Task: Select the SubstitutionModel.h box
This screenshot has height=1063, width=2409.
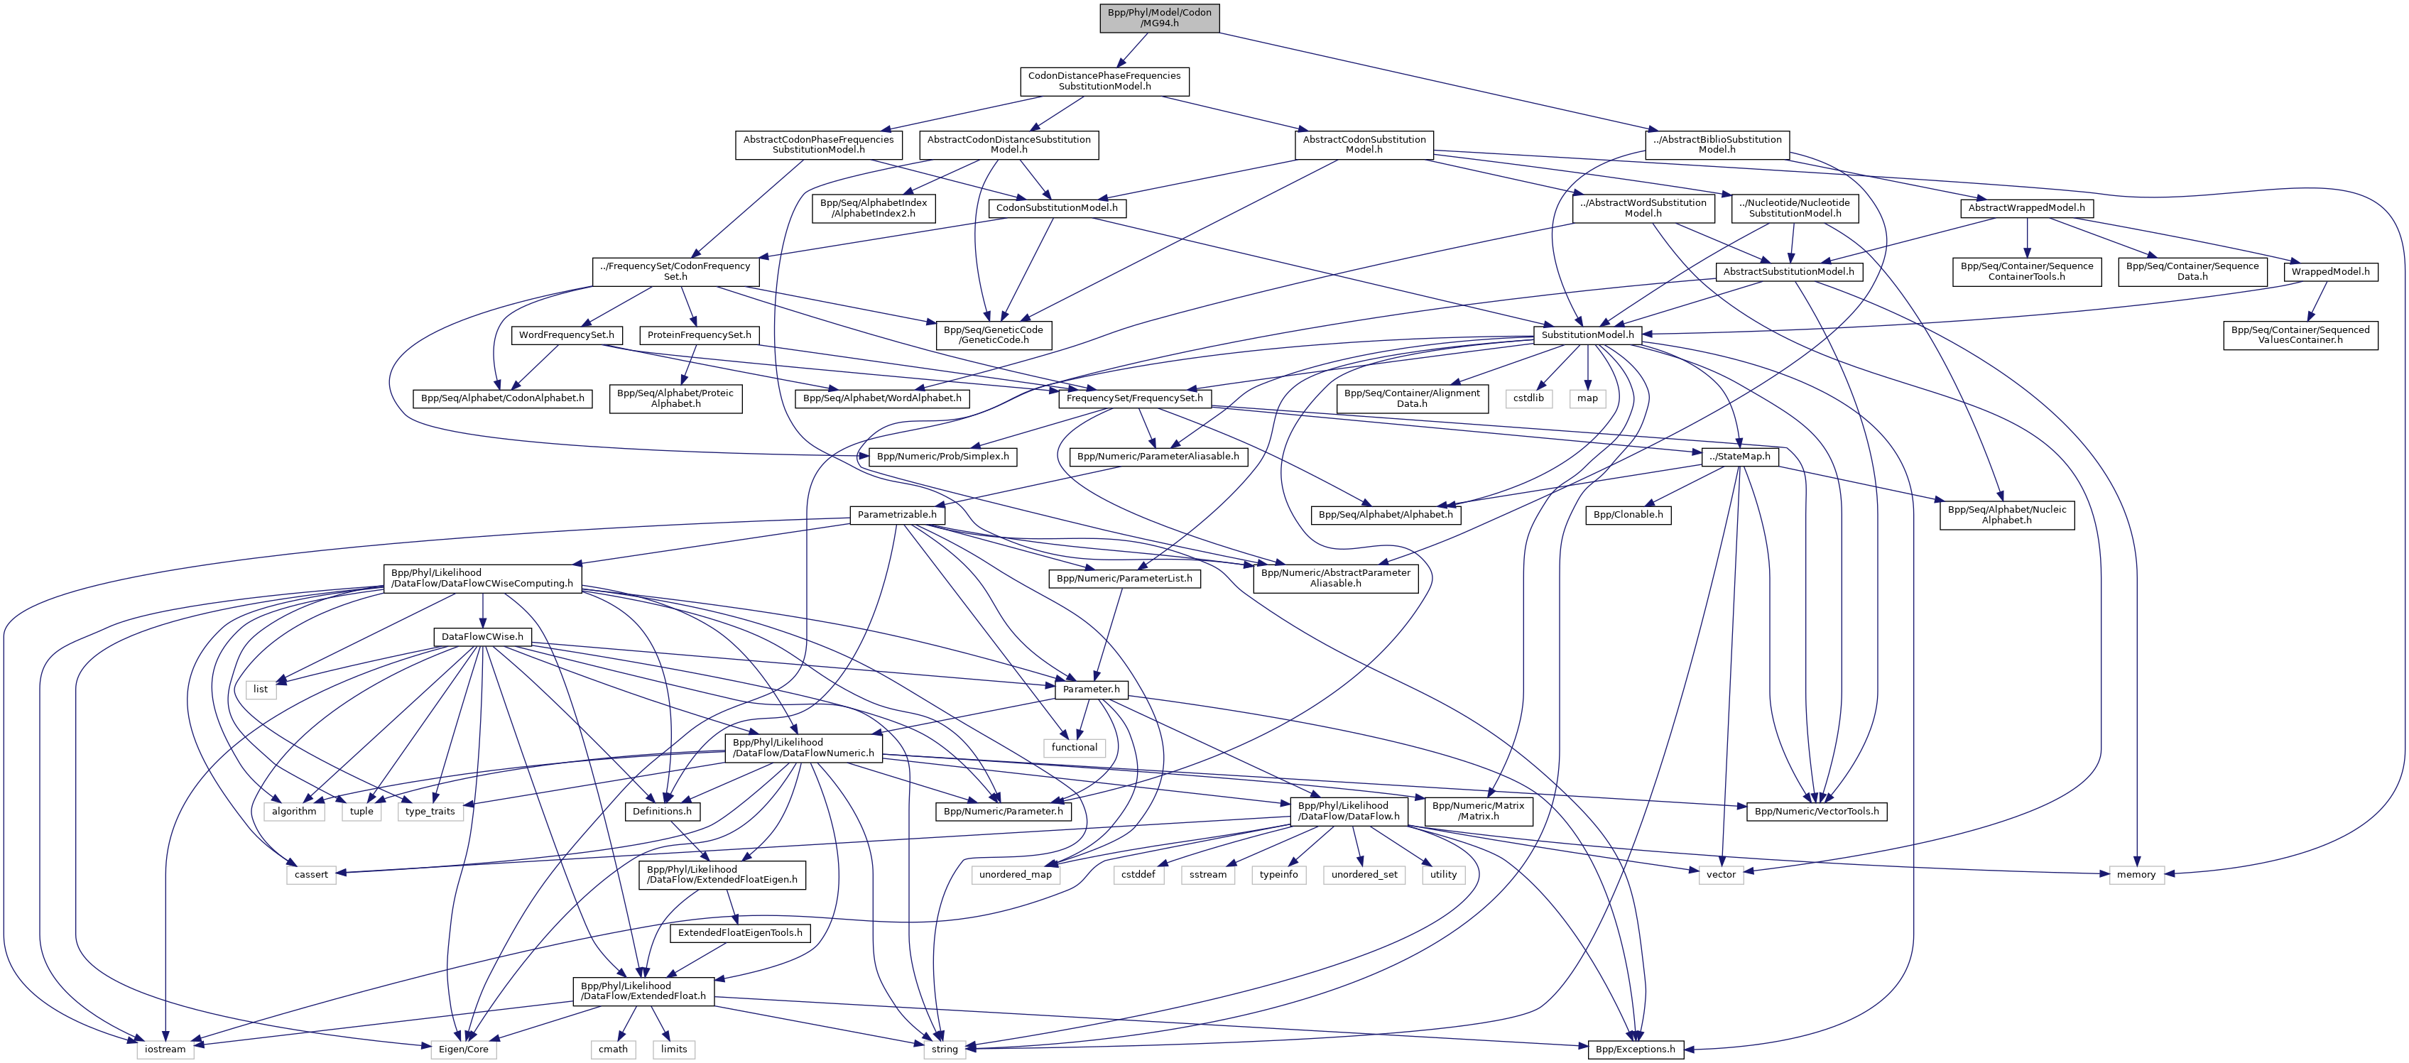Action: [x=1587, y=334]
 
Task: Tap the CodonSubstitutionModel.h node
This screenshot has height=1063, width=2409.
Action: [x=1056, y=207]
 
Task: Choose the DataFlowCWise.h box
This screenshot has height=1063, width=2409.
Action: [x=482, y=637]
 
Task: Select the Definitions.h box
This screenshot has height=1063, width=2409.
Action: [x=662, y=811]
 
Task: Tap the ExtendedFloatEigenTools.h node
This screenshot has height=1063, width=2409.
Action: [x=740, y=932]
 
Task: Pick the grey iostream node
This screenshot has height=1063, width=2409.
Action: [x=165, y=1049]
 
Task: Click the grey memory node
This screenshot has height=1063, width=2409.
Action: [x=2136, y=874]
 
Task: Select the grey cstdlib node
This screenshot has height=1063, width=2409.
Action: [x=1529, y=398]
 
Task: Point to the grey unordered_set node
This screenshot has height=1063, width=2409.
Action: [x=1364, y=874]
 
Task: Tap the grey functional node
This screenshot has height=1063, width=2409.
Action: [x=1074, y=747]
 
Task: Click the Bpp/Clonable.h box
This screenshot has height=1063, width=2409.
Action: [x=1627, y=514]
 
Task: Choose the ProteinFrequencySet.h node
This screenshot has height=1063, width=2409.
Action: [x=699, y=334]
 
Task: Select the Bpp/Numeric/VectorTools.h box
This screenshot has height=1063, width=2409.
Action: [x=1816, y=811]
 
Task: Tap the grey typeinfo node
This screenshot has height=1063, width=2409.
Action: [x=1278, y=874]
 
